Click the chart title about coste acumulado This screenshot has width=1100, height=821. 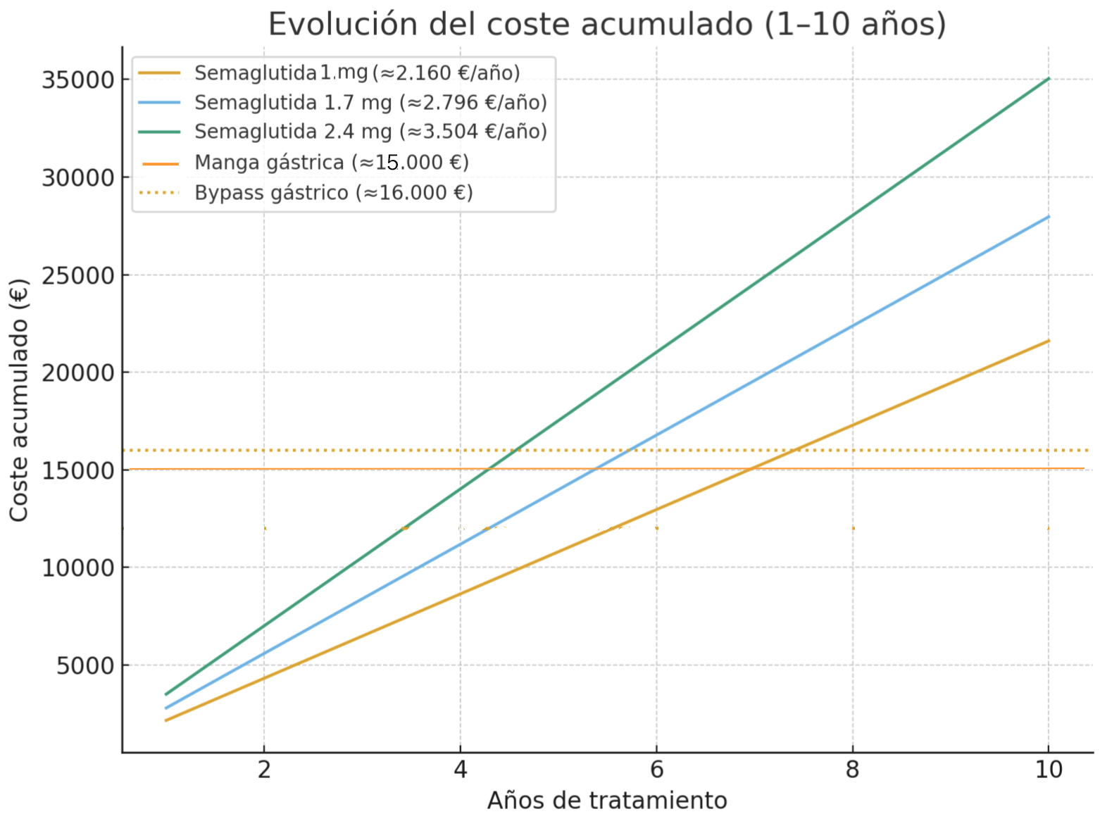[x=607, y=24]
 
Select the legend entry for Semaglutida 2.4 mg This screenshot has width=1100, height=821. [x=370, y=132]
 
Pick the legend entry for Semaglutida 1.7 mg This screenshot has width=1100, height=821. [x=370, y=103]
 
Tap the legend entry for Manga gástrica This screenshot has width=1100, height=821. [x=331, y=163]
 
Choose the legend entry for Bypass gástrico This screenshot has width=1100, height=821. [x=333, y=193]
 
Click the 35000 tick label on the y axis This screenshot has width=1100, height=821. [x=77, y=80]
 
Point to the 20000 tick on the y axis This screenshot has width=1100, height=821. [x=77, y=372]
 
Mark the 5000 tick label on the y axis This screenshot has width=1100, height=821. [x=85, y=665]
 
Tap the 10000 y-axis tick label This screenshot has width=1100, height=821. [x=77, y=568]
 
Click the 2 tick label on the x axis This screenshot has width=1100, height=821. [x=264, y=770]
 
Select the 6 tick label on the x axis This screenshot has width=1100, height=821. [x=656, y=770]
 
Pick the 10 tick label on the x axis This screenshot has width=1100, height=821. [x=1049, y=770]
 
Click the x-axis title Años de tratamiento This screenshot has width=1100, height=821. [x=607, y=801]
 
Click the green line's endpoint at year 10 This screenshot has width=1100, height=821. [x=1049, y=79]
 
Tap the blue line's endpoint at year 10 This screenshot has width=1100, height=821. [x=1049, y=217]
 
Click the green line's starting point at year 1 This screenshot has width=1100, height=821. [x=166, y=694]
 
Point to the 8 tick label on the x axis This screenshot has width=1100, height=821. [x=853, y=770]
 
